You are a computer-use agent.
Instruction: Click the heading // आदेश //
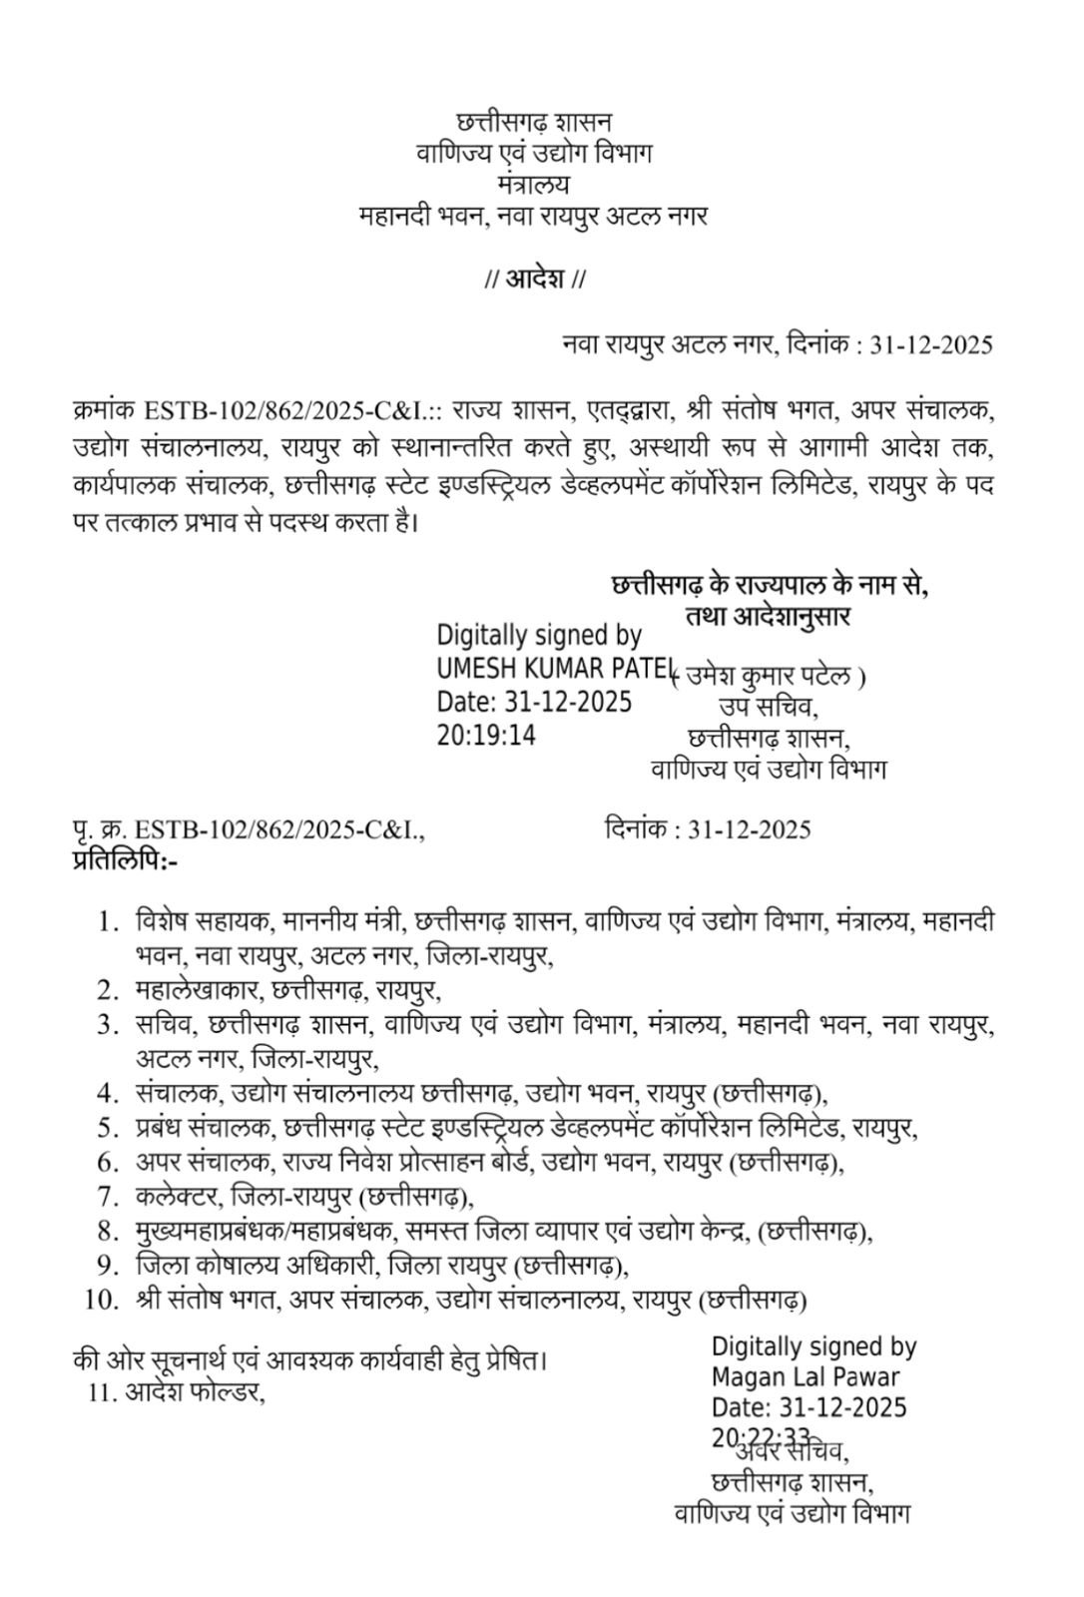coord(534,278)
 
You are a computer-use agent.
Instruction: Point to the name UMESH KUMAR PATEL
coord(555,668)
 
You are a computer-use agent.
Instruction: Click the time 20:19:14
coord(486,736)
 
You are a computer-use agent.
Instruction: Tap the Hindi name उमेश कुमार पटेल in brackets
coord(769,678)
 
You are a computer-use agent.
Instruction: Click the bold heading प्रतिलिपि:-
coord(125,857)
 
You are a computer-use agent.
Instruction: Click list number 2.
coord(109,990)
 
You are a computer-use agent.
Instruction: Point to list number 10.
coord(103,1300)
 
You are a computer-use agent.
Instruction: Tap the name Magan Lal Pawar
coord(806,1377)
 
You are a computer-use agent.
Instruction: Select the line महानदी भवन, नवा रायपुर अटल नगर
coord(534,216)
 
